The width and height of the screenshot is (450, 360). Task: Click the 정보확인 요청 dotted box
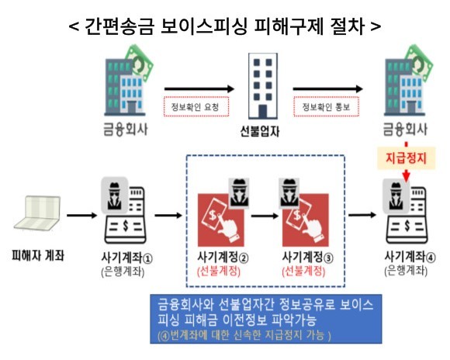[x=196, y=107]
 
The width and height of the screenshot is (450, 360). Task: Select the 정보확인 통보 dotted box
[x=327, y=107]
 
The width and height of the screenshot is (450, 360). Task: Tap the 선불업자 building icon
[x=263, y=86]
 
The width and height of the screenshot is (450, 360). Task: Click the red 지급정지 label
[x=406, y=158]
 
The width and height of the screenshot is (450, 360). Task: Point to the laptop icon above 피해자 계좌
[x=37, y=213]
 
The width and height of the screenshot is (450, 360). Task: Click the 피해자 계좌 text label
[x=37, y=255]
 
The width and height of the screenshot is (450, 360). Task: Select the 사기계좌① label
[x=126, y=258]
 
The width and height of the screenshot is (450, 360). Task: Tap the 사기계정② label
[x=223, y=257]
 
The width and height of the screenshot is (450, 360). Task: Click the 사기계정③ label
[x=308, y=257]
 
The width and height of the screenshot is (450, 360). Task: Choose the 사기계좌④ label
[x=410, y=257]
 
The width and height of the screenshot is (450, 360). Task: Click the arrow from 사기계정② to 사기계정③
[x=265, y=216]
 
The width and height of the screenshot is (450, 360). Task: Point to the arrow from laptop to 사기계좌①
[x=81, y=215]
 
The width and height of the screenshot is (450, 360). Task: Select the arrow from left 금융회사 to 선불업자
[x=199, y=89]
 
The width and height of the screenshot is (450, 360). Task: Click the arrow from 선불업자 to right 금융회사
[x=327, y=89]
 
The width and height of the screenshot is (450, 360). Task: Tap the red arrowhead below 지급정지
[x=406, y=175]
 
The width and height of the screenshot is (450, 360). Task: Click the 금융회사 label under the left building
[x=126, y=130]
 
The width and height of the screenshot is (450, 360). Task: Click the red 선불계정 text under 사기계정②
[x=219, y=272]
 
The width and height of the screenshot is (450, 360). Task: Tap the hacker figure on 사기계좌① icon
[x=114, y=196]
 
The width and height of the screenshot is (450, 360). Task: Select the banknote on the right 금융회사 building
[x=420, y=64]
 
